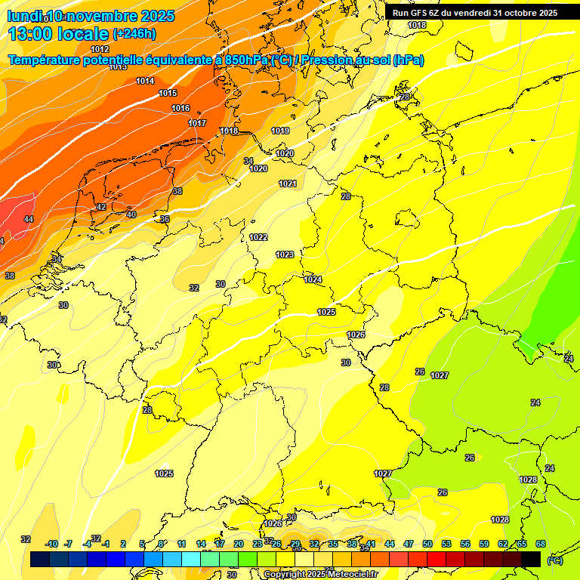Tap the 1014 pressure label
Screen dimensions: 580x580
click(x=145, y=81)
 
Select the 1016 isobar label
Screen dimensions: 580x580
click(x=180, y=108)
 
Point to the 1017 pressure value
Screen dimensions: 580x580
click(x=197, y=123)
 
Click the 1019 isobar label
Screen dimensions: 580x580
click(x=280, y=131)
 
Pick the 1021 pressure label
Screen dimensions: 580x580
click(x=288, y=184)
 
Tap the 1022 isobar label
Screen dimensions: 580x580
click(x=258, y=237)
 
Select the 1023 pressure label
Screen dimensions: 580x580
click(x=285, y=255)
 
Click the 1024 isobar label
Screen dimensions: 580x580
click(x=313, y=279)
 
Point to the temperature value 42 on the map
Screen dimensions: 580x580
click(x=101, y=207)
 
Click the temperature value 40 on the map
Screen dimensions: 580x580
click(x=131, y=214)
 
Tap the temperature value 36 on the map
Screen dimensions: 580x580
click(x=165, y=219)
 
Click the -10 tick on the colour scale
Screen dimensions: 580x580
click(x=51, y=544)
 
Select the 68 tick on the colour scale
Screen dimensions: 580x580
click(x=541, y=544)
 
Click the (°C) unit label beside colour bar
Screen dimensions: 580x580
click(x=554, y=560)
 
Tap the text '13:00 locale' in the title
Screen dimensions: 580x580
click(x=58, y=33)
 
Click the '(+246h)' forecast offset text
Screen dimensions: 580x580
click(x=134, y=33)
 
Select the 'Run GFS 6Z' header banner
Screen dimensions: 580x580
click(x=474, y=13)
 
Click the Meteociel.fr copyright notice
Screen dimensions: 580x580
click(x=320, y=574)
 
